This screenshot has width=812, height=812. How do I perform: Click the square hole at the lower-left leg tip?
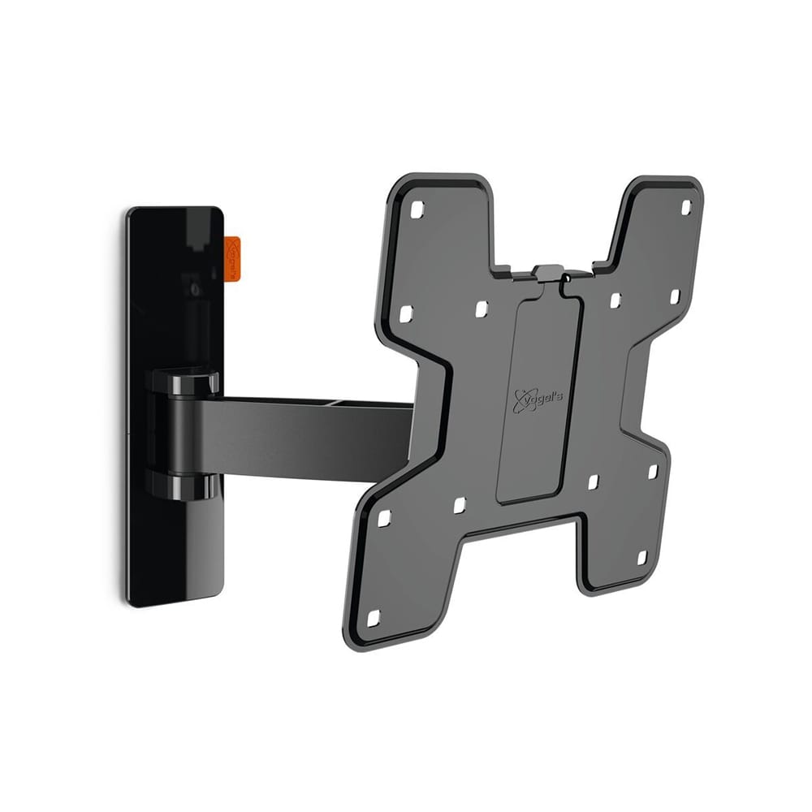(x=374, y=618)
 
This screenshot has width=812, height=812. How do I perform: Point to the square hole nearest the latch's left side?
(x=481, y=309)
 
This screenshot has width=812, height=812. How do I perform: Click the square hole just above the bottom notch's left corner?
(x=459, y=505)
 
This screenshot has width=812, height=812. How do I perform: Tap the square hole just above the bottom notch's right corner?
(x=593, y=482)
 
